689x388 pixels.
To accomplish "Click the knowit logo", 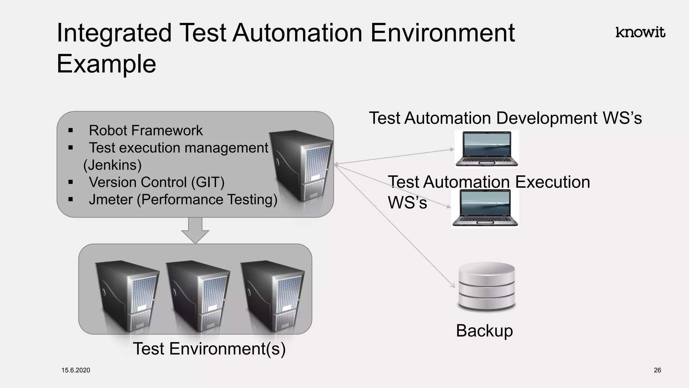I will [x=640, y=32].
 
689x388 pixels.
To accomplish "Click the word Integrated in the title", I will [x=114, y=33].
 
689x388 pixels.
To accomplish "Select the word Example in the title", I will [x=106, y=64].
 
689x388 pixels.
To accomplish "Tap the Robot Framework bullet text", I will [x=145, y=130].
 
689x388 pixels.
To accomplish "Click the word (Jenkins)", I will [x=112, y=165].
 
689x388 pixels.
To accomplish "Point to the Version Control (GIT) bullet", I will [x=156, y=182].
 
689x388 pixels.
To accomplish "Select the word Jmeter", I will [x=111, y=199].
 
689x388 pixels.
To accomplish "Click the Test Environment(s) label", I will [x=209, y=349].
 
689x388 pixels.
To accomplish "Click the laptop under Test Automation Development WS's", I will [x=486, y=149].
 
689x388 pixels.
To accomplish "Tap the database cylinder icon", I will [x=486, y=286].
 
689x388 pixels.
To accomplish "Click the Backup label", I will [x=484, y=331].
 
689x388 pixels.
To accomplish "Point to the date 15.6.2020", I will [x=76, y=370].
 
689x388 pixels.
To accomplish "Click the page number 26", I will [x=657, y=370].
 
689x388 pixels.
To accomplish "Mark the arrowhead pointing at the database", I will [x=453, y=286].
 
